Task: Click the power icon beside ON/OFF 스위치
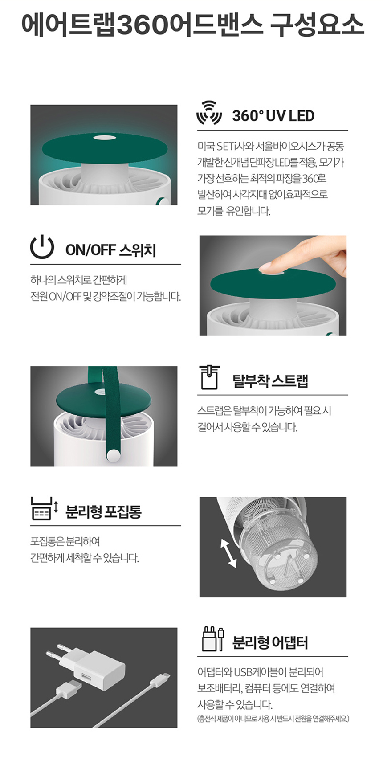[x=42, y=247]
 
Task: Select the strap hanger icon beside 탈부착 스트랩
[x=209, y=377]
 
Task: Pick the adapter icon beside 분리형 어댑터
[x=213, y=638]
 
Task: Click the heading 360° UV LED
[x=273, y=116]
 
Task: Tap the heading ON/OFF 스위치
[x=110, y=250]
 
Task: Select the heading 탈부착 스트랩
[x=270, y=381]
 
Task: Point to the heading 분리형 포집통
[x=103, y=511]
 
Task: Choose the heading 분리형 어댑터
[x=270, y=642]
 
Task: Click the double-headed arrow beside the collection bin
[x=228, y=552]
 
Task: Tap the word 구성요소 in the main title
[x=317, y=25]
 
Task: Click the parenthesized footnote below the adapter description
[x=273, y=719]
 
